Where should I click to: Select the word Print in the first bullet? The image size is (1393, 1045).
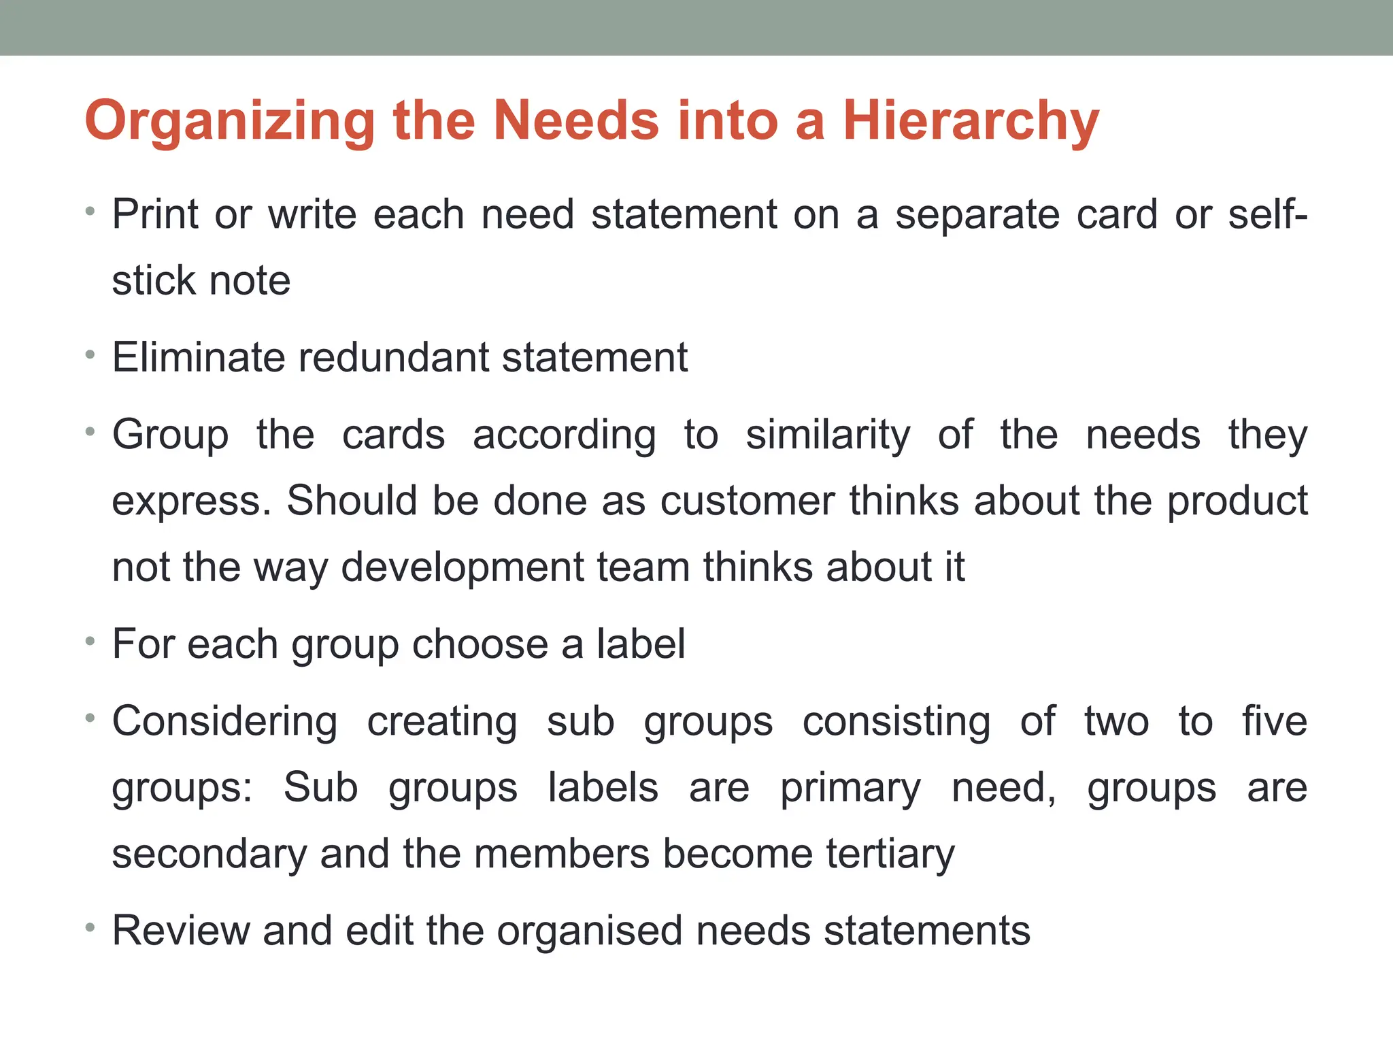[x=156, y=215]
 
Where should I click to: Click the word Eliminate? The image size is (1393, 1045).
[x=198, y=358]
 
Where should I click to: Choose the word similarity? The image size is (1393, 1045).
[x=828, y=435]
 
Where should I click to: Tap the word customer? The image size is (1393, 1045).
[x=747, y=501]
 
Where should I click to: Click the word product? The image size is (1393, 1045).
[x=1237, y=502]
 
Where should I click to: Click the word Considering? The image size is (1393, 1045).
[x=224, y=722]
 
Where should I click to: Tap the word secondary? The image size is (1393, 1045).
[x=209, y=855]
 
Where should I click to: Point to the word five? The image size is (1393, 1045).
[x=1275, y=722]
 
